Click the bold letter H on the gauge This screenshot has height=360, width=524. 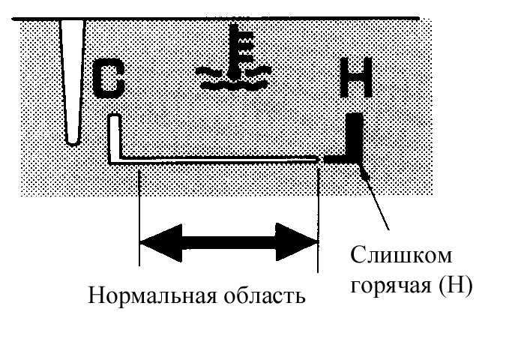click(356, 77)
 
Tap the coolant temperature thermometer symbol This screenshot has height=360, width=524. click(234, 57)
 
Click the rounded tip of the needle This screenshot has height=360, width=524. click(73, 142)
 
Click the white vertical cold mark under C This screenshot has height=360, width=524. click(114, 138)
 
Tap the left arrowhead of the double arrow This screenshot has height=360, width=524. click(161, 243)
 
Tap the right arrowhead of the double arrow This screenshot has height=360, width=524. click(296, 242)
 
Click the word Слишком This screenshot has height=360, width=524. click(401, 256)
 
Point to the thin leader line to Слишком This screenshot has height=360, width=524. click(375, 196)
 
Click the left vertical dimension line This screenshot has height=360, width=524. click(139, 217)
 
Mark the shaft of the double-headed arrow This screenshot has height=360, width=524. click(229, 242)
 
